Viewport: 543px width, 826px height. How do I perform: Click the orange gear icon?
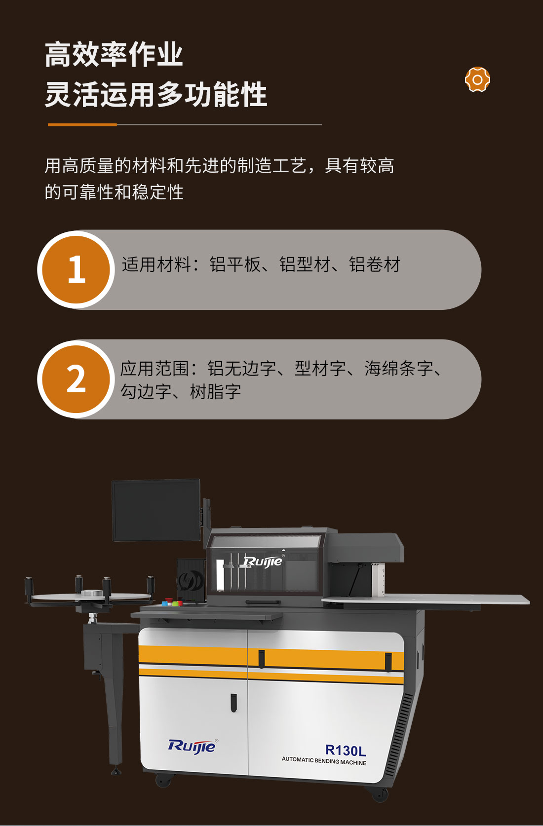click(x=477, y=79)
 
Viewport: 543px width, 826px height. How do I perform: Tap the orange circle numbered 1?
click(x=76, y=269)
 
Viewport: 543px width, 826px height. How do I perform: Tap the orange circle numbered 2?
click(x=76, y=379)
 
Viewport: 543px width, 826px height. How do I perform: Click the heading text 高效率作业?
click(x=114, y=55)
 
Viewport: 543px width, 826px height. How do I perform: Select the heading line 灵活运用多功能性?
click(x=155, y=95)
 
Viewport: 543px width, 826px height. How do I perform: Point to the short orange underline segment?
click(x=82, y=125)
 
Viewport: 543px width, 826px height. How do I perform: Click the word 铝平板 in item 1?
click(x=235, y=264)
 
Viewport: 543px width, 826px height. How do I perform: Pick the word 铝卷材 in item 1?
click(x=374, y=264)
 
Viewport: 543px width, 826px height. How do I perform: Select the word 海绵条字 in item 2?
click(x=399, y=368)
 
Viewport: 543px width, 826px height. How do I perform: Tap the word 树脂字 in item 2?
click(x=215, y=392)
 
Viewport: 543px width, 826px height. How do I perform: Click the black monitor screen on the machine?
click(x=156, y=510)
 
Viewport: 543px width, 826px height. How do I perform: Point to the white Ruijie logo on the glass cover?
click(x=264, y=561)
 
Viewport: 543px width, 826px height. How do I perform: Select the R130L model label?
click(x=346, y=750)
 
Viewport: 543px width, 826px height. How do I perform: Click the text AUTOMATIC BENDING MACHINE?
click(x=324, y=761)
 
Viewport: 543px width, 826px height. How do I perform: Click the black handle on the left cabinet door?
click(x=233, y=703)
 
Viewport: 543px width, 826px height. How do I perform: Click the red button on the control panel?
click(x=169, y=600)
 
